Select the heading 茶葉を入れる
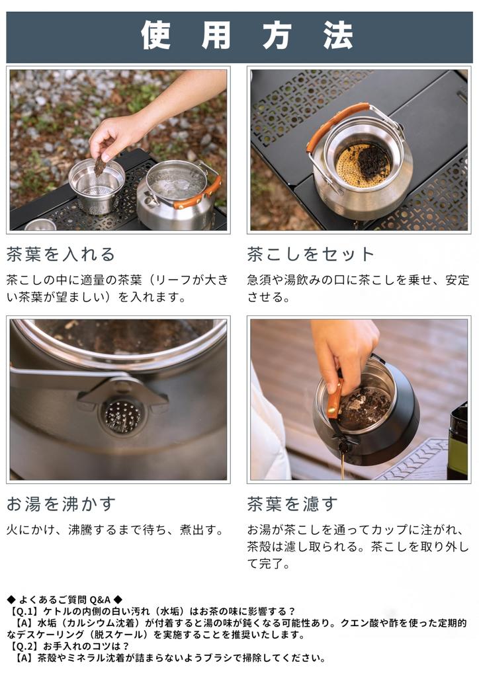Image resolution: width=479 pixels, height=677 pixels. click(x=61, y=255)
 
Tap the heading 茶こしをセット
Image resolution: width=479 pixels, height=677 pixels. click(x=311, y=255)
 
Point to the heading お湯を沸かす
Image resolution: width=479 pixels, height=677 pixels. click(x=61, y=504)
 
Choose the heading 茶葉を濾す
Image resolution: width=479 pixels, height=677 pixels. click(x=292, y=504)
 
